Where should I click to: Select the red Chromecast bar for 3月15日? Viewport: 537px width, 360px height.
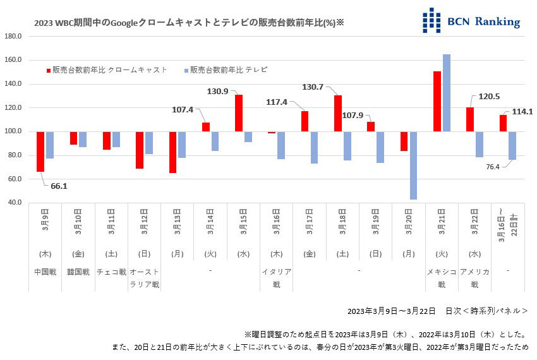pos(239,113)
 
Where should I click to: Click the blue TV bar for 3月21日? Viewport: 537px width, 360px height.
pos(447,93)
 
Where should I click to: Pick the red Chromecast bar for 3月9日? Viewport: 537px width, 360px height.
pos(40,152)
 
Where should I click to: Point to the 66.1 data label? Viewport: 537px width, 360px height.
pos(59,186)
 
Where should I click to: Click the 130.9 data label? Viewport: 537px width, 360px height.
pos(218,92)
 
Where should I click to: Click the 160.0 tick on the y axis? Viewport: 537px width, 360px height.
pos(13,60)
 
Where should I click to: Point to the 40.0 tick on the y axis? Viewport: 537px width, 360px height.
pos(13,203)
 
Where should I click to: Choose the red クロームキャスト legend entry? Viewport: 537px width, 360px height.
pos(107,70)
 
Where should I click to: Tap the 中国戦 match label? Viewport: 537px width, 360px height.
pos(45,272)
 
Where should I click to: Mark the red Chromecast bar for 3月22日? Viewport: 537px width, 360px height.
pos(470,119)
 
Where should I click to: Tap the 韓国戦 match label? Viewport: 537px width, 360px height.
pos(78,272)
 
